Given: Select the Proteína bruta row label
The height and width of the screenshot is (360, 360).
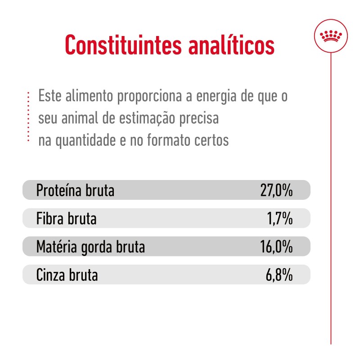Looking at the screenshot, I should coord(75,191).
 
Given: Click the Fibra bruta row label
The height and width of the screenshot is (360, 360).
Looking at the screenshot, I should coord(66,219).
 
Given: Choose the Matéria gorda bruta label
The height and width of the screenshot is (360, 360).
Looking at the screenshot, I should coord(90,247).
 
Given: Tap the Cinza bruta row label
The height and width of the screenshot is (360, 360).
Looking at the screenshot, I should coord(67,275).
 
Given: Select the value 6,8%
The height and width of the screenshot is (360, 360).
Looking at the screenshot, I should coord(279,275).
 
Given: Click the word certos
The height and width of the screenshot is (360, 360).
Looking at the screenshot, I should coord(212,140).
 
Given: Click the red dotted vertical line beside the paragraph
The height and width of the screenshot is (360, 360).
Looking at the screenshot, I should coord(28,118).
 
